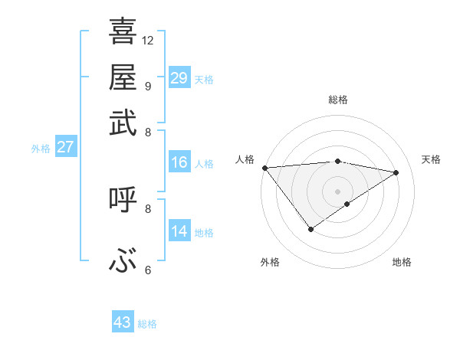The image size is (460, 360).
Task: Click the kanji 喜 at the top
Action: pyautogui.click(x=123, y=32)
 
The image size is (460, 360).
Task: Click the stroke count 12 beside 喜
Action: pyautogui.click(x=148, y=40)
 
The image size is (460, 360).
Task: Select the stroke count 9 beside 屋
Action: pyautogui.click(x=147, y=85)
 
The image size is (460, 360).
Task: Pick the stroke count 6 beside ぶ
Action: pyautogui.click(x=147, y=270)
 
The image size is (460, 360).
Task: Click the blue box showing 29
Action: pyautogui.click(x=179, y=78)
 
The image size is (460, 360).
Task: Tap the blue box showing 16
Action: pyautogui.click(x=179, y=162)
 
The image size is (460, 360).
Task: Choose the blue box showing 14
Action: pyautogui.click(x=179, y=231)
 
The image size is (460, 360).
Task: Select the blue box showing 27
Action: pyautogui.click(x=65, y=147)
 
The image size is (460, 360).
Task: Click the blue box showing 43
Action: pyautogui.click(x=123, y=322)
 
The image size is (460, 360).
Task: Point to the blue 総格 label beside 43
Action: pyautogui.click(x=147, y=324)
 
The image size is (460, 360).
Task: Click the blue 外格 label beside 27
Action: pyautogui.click(x=41, y=149)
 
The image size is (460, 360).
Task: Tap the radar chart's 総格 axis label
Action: pyautogui.click(x=338, y=100)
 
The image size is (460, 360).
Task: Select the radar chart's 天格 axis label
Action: pyautogui.click(x=431, y=159)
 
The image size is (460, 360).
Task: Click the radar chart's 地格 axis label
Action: pyautogui.click(x=402, y=263)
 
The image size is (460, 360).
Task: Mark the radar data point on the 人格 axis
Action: pyautogui.click(x=264, y=168)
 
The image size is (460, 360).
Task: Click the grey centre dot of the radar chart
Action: pyautogui.click(x=338, y=191)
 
